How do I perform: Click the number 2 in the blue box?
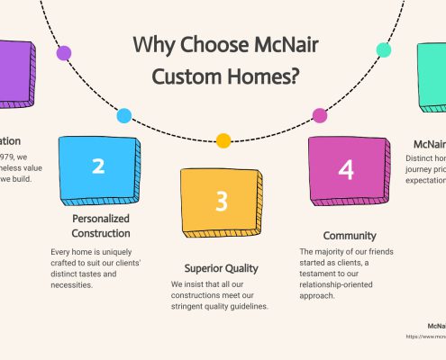click(x=98, y=166)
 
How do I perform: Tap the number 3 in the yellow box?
click(x=222, y=201)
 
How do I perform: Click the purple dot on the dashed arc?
click(x=64, y=53)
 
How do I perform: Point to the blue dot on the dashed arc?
click(x=124, y=115)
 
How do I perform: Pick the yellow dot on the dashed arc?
click(x=223, y=140)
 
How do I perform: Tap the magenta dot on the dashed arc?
click(x=319, y=115)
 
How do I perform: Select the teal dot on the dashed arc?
click(x=383, y=50)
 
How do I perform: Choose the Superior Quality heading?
click(x=222, y=267)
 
